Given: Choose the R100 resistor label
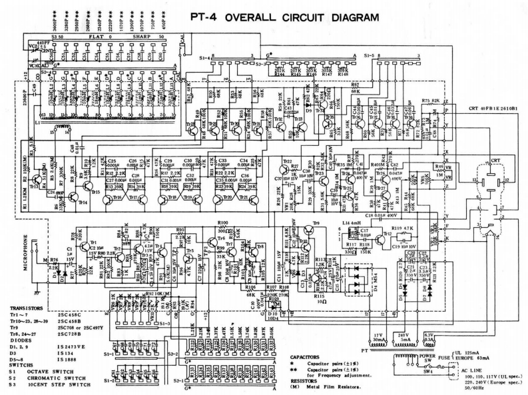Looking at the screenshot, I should pyautogui.click(x=223, y=222).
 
